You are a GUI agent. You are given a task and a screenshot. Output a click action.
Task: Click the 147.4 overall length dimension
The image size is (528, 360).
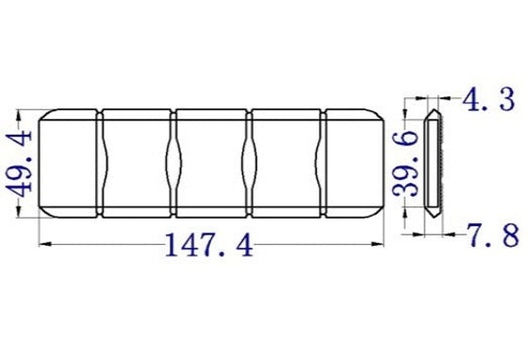coord(209,247)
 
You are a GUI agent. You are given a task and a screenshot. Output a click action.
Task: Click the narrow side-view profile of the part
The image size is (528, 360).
coord(434,164)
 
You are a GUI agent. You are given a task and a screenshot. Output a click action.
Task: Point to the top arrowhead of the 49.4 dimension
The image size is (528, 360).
coord(20,112)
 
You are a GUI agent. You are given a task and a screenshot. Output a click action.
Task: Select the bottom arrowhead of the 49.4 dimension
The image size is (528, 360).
coord(20,216)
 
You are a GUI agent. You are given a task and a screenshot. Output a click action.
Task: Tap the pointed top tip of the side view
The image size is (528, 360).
coord(433,112)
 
